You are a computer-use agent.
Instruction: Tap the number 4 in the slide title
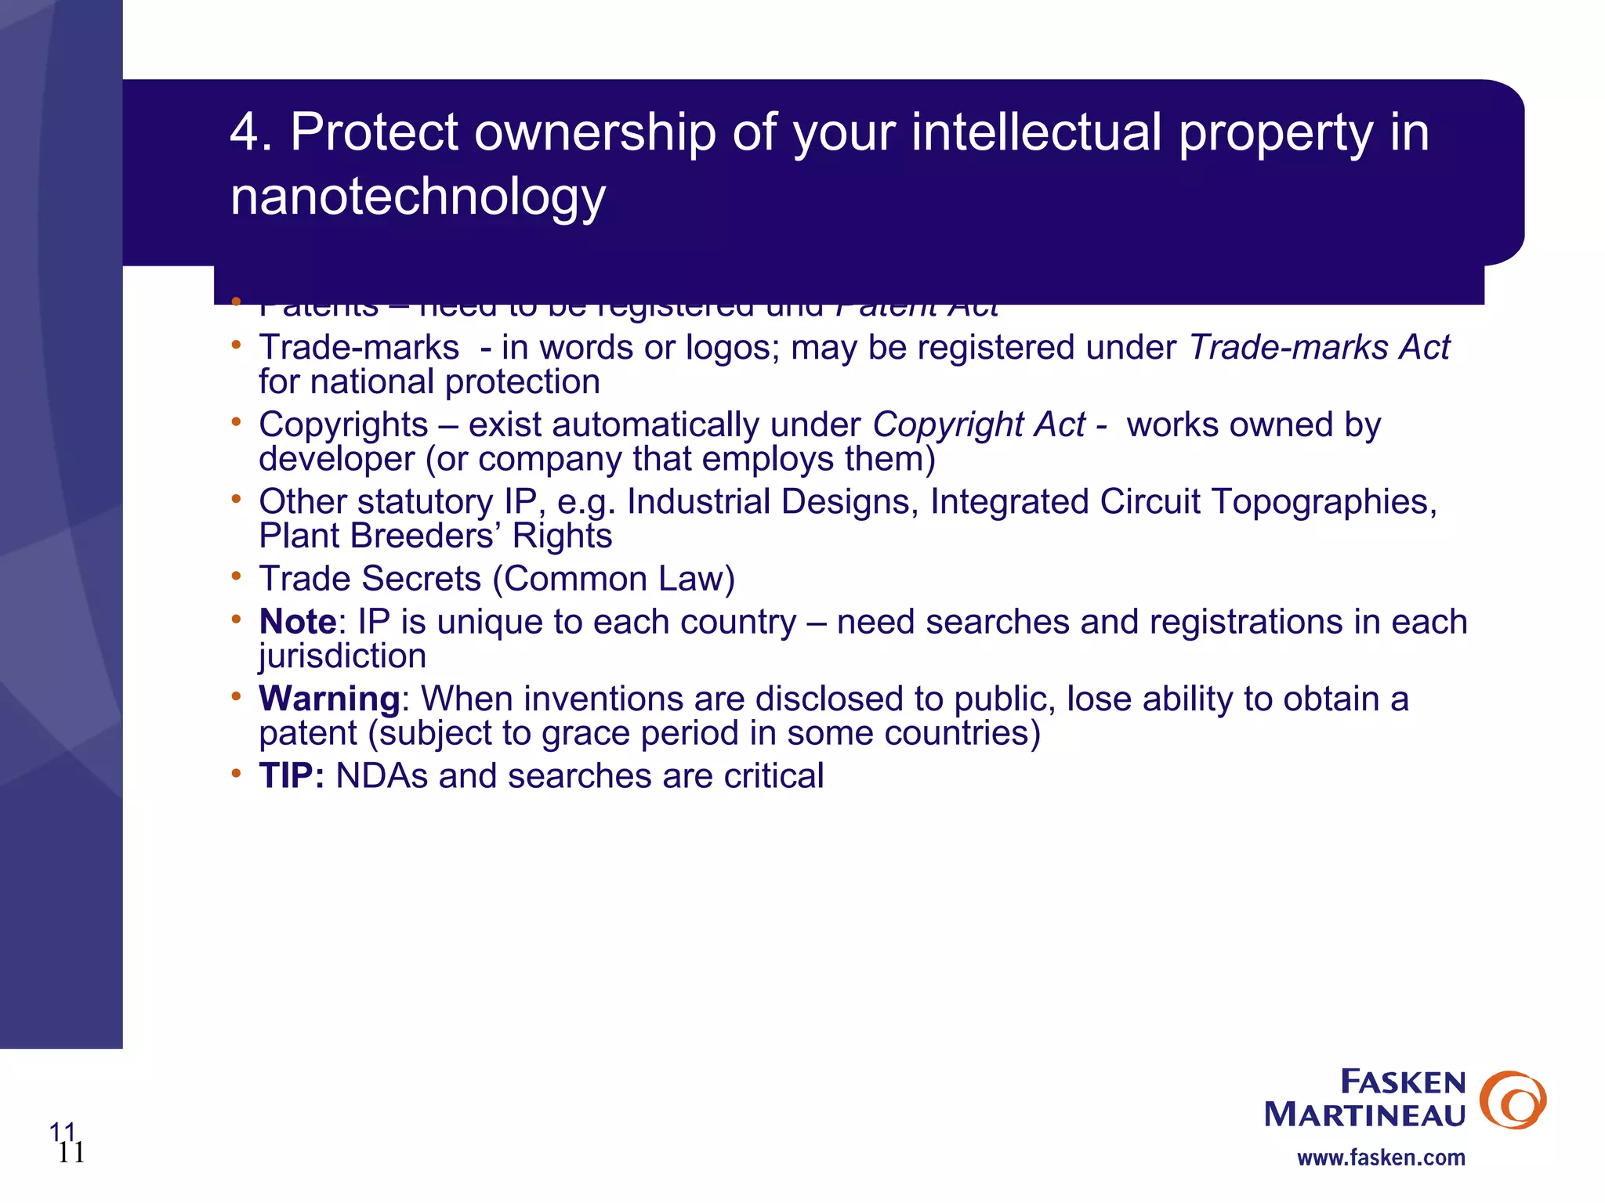tap(245, 132)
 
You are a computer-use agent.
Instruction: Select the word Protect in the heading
tap(374, 132)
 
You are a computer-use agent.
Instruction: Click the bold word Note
tap(298, 622)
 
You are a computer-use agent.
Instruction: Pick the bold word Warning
tap(330, 699)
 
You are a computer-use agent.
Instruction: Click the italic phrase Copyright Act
tap(979, 425)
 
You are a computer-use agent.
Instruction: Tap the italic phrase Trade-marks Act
tap(1319, 348)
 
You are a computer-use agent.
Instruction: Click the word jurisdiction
tap(342, 656)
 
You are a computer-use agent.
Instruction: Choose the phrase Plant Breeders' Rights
tap(435, 536)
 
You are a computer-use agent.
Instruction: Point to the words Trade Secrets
tap(370, 580)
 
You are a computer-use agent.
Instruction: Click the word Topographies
tap(1324, 502)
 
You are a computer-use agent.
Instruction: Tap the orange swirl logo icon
tap(1512, 1100)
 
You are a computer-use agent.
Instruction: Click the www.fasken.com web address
tap(1381, 1158)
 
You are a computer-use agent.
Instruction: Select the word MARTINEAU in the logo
tap(1364, 1114)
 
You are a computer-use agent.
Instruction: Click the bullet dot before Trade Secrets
tap(236, 576)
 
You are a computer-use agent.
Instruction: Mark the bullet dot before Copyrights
tap(236, 422)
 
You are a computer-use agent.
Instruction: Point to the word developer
tap(336, 460)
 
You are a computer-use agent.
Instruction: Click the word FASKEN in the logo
tap(1402, 1082)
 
